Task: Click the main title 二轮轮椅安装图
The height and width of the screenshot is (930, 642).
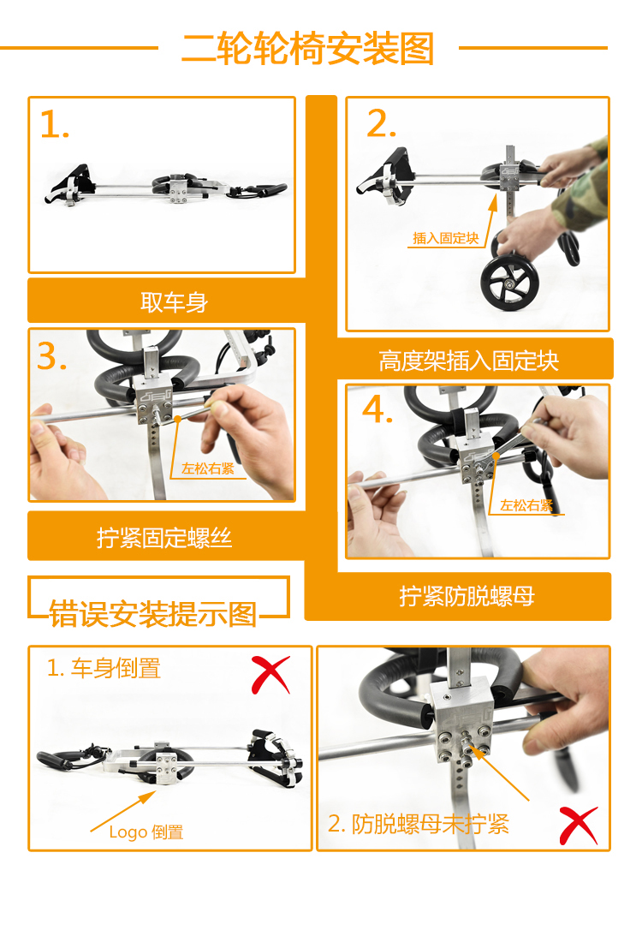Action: pos(308,49)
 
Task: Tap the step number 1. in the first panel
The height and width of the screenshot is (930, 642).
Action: pos(55,125)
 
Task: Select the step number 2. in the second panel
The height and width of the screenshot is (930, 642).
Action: pos(381,123)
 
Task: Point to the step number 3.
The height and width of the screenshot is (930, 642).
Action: pos(51,356)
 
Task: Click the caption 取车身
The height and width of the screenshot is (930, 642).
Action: pos(175,302)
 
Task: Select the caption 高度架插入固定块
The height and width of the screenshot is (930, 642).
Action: pos(468,361)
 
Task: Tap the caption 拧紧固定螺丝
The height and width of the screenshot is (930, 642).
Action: pos(164,538)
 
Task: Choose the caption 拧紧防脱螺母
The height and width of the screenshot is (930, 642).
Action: pos(467,596)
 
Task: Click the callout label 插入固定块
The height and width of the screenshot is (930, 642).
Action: pos(446,238)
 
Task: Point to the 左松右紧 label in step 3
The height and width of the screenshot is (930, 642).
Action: pos(207,468)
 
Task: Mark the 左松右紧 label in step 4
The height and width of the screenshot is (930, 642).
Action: pos(526,505)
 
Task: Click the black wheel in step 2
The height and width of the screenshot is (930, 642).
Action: pos(509,283)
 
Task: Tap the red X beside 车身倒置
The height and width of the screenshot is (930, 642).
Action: pos(270,674)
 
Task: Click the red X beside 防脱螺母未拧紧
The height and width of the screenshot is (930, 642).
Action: pos(579,826)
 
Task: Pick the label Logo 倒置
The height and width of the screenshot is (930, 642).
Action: pos(146,832)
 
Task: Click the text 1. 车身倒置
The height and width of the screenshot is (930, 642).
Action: pos(104,669)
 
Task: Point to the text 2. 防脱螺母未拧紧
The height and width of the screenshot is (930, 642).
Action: pos(419,824)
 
